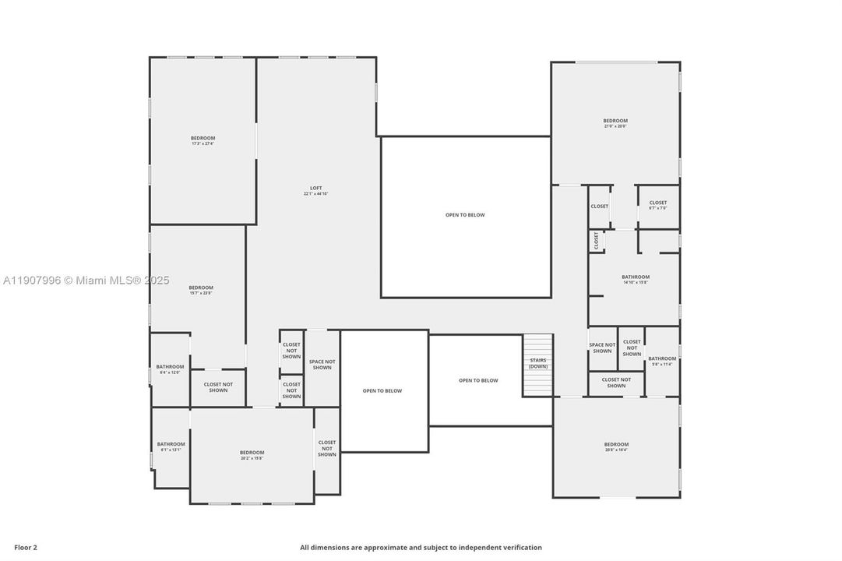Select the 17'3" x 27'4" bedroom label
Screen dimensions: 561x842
click(203, 140)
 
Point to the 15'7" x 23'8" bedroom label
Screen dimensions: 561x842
click(200, 290)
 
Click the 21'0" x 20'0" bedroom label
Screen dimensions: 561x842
click(615, 123)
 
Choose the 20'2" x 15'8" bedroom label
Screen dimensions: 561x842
click(252, 455)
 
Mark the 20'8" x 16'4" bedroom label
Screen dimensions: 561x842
click(615, 446)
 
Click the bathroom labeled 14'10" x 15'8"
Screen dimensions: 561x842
click(635, 279)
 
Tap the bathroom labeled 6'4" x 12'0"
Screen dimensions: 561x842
click(170, 369)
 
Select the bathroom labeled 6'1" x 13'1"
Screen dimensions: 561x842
click(171, 446)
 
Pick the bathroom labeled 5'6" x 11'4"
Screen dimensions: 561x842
click(662, 361)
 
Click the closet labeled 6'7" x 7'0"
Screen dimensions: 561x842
click(657, 205)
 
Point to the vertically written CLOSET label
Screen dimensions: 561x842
click(597, 241)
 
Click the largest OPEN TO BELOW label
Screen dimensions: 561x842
click(465, 215)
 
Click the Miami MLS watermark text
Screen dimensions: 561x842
click(85, 280)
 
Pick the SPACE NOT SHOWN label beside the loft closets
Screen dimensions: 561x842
click(322, 365)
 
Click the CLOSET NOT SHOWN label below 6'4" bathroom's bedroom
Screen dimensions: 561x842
click(218, 387)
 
